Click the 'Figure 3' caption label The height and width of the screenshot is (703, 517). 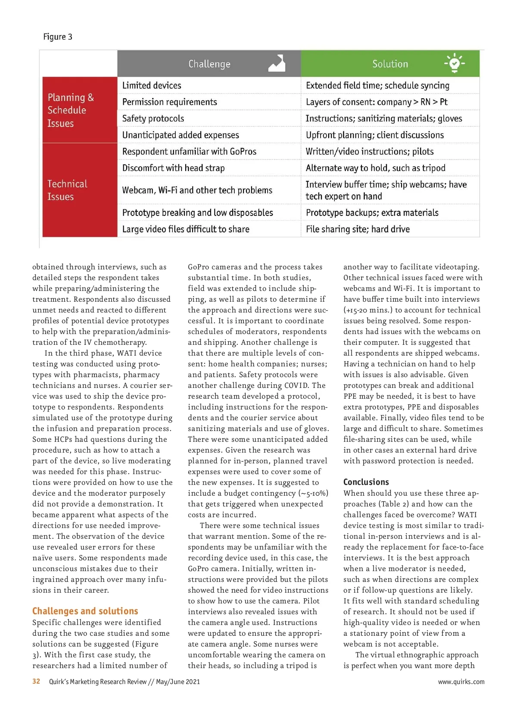58,37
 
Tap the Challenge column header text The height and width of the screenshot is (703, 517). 209,64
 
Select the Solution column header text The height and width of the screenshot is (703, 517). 390,64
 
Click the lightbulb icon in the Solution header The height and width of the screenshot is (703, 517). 454,63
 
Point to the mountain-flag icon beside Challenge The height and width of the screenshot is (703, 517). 277,63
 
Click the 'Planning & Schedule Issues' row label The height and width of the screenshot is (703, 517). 71,110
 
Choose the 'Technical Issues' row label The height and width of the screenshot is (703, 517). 67,190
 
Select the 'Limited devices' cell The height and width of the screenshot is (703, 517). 152,85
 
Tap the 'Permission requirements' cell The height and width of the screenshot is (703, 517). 170,102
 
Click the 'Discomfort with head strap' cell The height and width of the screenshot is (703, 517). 173,168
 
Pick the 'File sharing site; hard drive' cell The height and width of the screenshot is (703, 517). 358,229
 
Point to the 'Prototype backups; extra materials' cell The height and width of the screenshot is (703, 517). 372,212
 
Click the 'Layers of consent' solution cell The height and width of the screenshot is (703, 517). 376,102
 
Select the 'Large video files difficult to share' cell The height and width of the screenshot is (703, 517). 186,229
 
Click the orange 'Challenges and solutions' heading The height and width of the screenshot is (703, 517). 85,611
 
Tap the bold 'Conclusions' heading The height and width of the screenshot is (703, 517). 366,482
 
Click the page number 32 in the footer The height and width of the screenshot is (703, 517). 36,681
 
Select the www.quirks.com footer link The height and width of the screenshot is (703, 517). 461,682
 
